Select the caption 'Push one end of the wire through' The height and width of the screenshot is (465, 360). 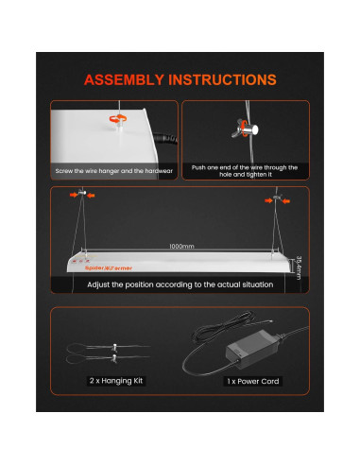[x=243, y=167]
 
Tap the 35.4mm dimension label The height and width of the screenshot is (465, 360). [x=298, y=267]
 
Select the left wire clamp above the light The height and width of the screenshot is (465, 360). [x=82, y=196]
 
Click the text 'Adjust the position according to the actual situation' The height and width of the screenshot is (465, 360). [x=180, y=284]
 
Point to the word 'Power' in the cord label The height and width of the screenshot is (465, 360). [x=250, y=382]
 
